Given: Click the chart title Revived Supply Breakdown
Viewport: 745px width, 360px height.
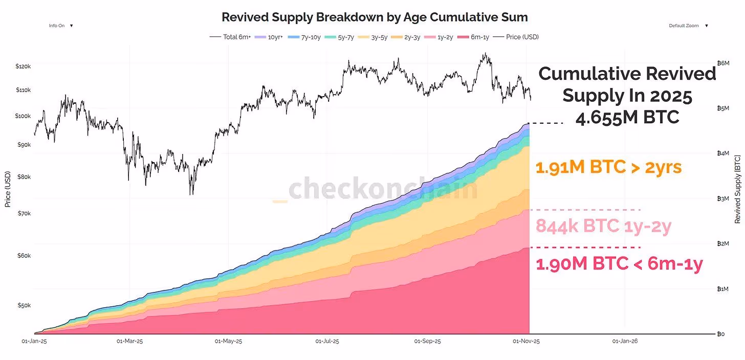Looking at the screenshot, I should point(374,17).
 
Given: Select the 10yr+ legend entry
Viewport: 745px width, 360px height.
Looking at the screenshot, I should point(275,37).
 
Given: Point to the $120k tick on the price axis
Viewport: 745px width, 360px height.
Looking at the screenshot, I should point(24,66).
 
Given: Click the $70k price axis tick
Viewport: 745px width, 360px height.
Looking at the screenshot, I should point(24,213).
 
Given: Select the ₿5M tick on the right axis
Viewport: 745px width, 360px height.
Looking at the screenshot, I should point(722,108).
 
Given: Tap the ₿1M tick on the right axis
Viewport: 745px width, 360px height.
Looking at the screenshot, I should point(722,289).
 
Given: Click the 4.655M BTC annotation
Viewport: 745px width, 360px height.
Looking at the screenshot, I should point(627,118).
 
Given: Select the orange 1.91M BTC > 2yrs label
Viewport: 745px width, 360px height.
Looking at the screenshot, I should point(608,167).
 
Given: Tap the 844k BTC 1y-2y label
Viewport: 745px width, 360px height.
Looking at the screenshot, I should point(603,226).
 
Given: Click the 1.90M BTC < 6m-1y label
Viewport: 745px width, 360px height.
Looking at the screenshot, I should point(619,264).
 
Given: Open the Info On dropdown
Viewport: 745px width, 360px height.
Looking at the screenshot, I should point(60,26).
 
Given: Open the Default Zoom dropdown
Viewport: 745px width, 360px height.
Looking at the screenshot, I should point(688,26).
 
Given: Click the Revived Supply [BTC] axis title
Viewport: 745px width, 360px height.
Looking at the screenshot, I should point(737,189).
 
